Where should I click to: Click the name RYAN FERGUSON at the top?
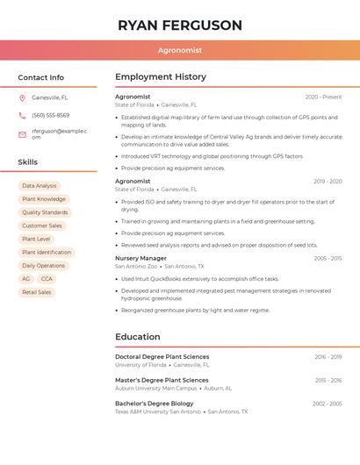point(179,25)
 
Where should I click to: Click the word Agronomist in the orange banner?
point(180,51)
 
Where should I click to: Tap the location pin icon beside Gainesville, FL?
point(22,97)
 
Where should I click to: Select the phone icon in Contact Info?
point(22,116)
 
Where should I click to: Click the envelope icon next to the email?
point(22,134)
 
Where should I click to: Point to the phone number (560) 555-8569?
point(51,116)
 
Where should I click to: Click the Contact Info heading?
point(41,77)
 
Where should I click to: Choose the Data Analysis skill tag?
point(40,186)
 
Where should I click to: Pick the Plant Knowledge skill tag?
point(44,199)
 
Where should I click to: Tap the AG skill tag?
point(26,279)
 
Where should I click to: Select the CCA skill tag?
point(47,279)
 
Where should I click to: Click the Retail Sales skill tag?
point(37,292)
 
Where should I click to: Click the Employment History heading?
point(161,77)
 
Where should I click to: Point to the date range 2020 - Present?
point(323,97)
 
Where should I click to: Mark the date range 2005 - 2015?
point(328,259)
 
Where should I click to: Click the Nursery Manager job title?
point(140,259)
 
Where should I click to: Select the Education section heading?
point(138,337)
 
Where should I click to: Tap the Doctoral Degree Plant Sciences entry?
point(162,357)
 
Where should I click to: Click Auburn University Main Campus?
point(156,388)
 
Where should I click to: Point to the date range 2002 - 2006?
point(328,404)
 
